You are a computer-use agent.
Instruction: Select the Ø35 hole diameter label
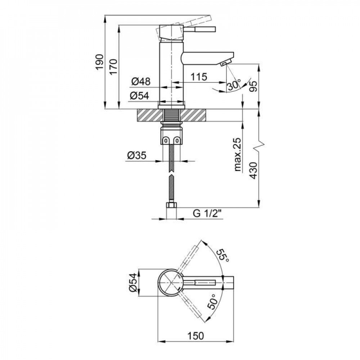click(x=136, y=156)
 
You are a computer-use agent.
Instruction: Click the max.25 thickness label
click(x=238, y=155)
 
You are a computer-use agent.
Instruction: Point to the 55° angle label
click(x=222, y=256)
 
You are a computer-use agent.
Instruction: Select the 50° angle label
click(x=212, y=302)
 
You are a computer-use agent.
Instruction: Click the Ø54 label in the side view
click(x=140, y=96)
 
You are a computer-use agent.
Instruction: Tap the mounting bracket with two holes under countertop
click(x=172, y=139)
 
